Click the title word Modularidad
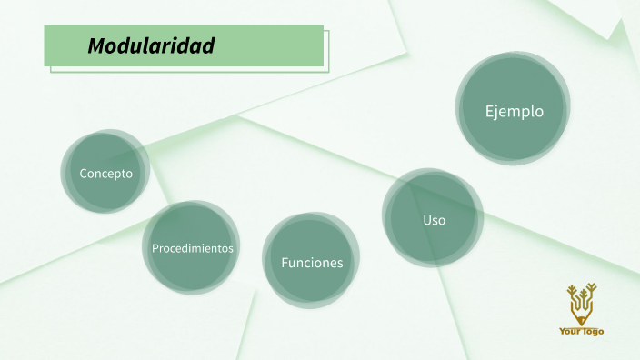point(151,45)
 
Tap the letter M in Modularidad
point(95,45)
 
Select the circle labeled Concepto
point(105,174)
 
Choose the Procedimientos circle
point(192,247)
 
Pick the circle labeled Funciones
point(312,263)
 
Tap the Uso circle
point(434,220)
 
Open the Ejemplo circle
point(514,112)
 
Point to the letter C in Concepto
point(84,174)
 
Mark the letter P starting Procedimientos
point(155,247)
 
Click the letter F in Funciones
point(285,263)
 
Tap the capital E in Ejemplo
point(489,112)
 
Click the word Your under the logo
point(571,332)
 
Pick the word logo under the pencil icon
point(594,332)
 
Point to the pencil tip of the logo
point(582,321)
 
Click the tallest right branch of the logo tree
point(593,290)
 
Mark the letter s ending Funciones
point(340,263)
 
